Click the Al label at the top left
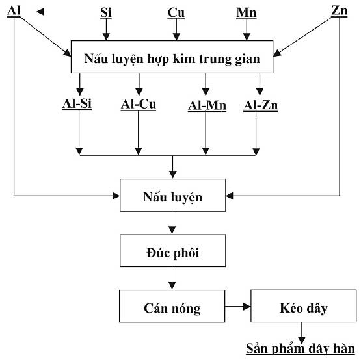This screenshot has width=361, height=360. click(14, 11)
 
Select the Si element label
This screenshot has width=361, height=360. click(106, 13)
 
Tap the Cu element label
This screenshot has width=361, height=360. click(176, 13)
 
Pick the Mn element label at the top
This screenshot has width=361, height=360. click(247, 13)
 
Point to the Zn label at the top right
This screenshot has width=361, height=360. click(340, 11)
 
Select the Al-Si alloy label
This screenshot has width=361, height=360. click(77, 104)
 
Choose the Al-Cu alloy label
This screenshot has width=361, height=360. click(139, 105)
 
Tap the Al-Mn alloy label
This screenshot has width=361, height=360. click(207, 106)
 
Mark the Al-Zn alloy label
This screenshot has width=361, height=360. click(261, 105)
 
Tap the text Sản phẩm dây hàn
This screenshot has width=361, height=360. click(301, 348)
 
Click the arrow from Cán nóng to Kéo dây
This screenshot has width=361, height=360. click(238, 307)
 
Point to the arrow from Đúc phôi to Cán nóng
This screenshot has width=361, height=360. click(172, 278)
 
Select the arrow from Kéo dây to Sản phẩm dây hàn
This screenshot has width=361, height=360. click(302, 333)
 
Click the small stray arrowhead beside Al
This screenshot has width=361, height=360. click(40, 12)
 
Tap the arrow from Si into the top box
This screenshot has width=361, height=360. click(106, 30)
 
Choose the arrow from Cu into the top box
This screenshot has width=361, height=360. click(176, 30)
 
